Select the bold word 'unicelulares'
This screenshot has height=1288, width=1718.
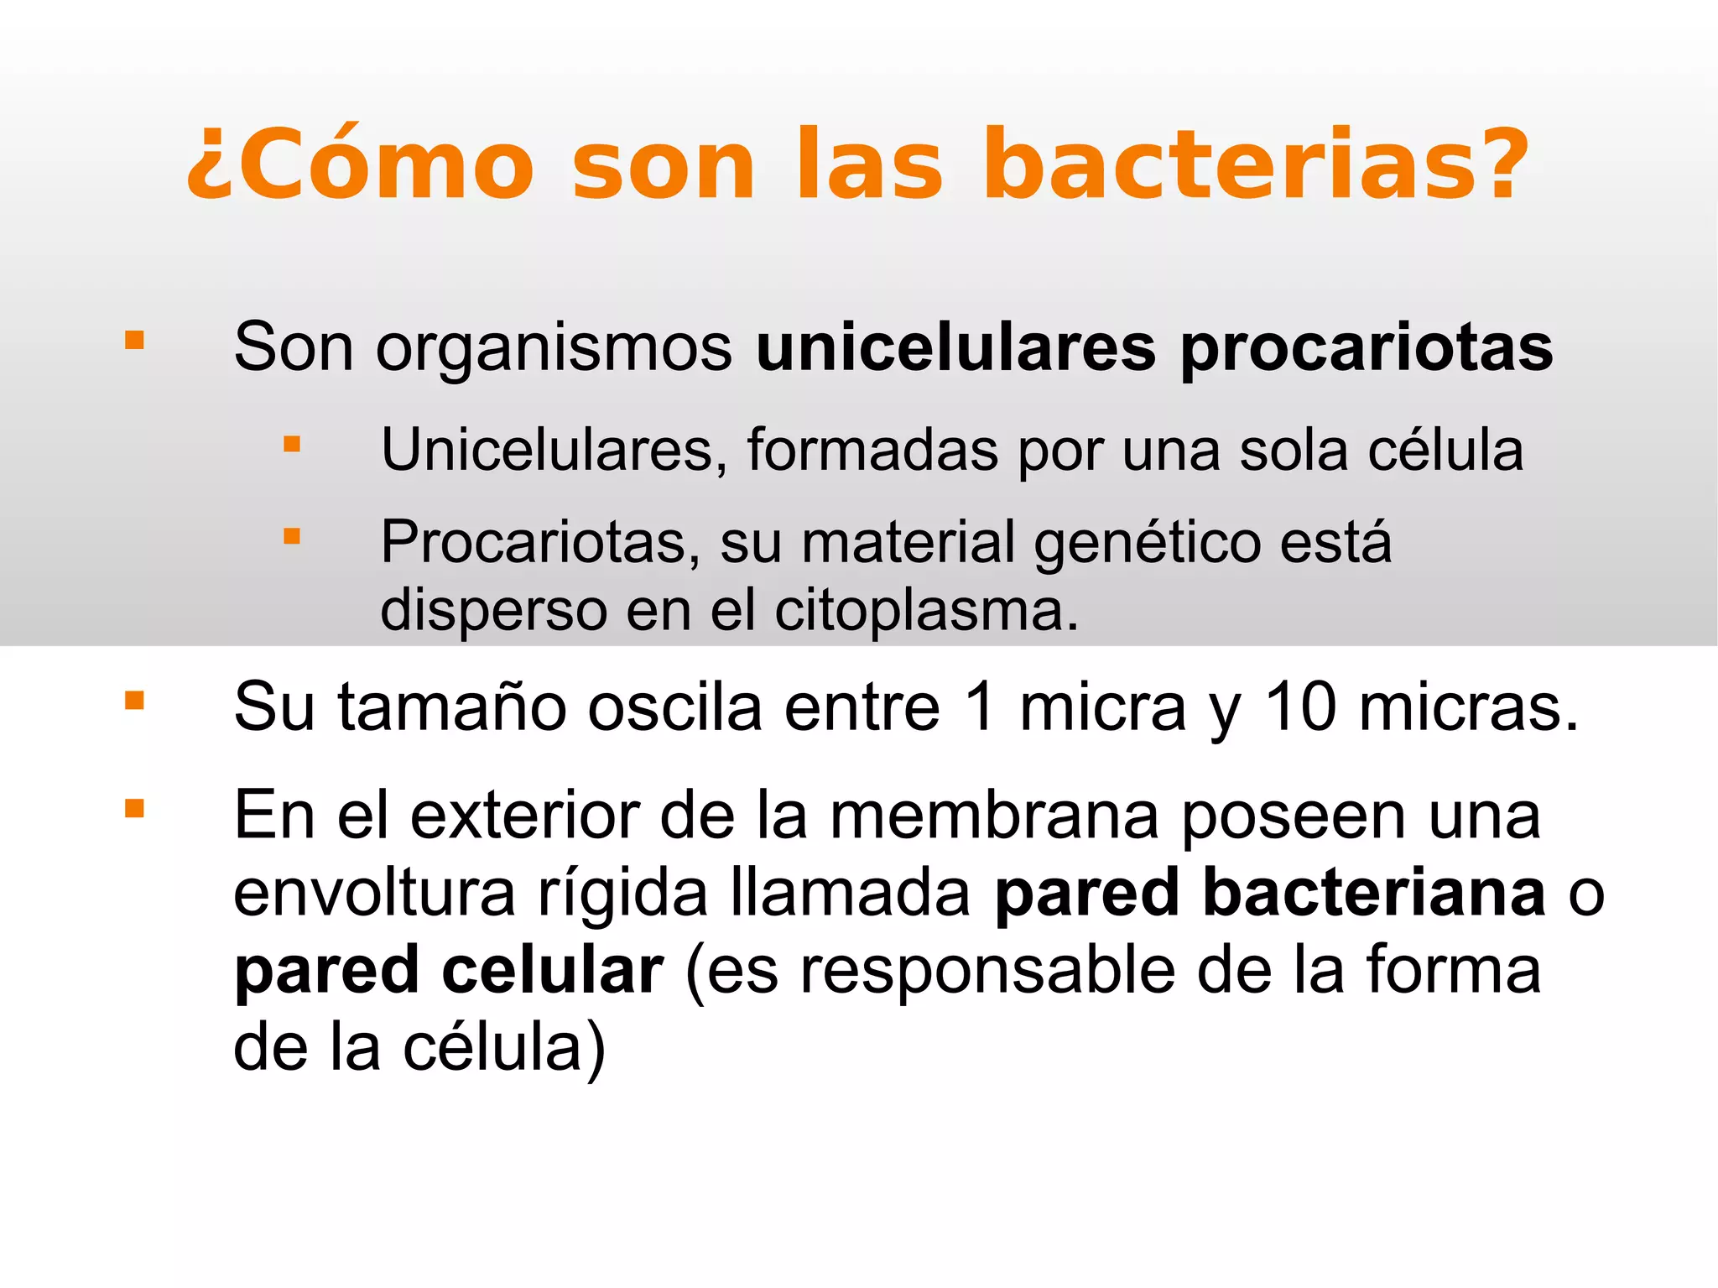(955, 347)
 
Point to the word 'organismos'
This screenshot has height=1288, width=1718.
(554, 349)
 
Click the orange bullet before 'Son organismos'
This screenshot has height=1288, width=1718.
(134, 340)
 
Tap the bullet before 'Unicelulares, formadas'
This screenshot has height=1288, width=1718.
(291, 444)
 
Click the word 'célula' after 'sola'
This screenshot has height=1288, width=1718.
(1445, 451)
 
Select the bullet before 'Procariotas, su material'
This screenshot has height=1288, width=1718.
(291, 536)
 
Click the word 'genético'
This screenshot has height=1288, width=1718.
(1147, 544)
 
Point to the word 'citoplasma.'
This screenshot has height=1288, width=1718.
(926, 611)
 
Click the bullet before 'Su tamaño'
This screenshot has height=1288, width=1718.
(134, 701)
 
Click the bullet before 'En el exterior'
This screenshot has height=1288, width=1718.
(134, 808)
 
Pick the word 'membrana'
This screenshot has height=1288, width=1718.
(994, 816)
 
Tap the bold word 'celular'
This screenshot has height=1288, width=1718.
(553, 971)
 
